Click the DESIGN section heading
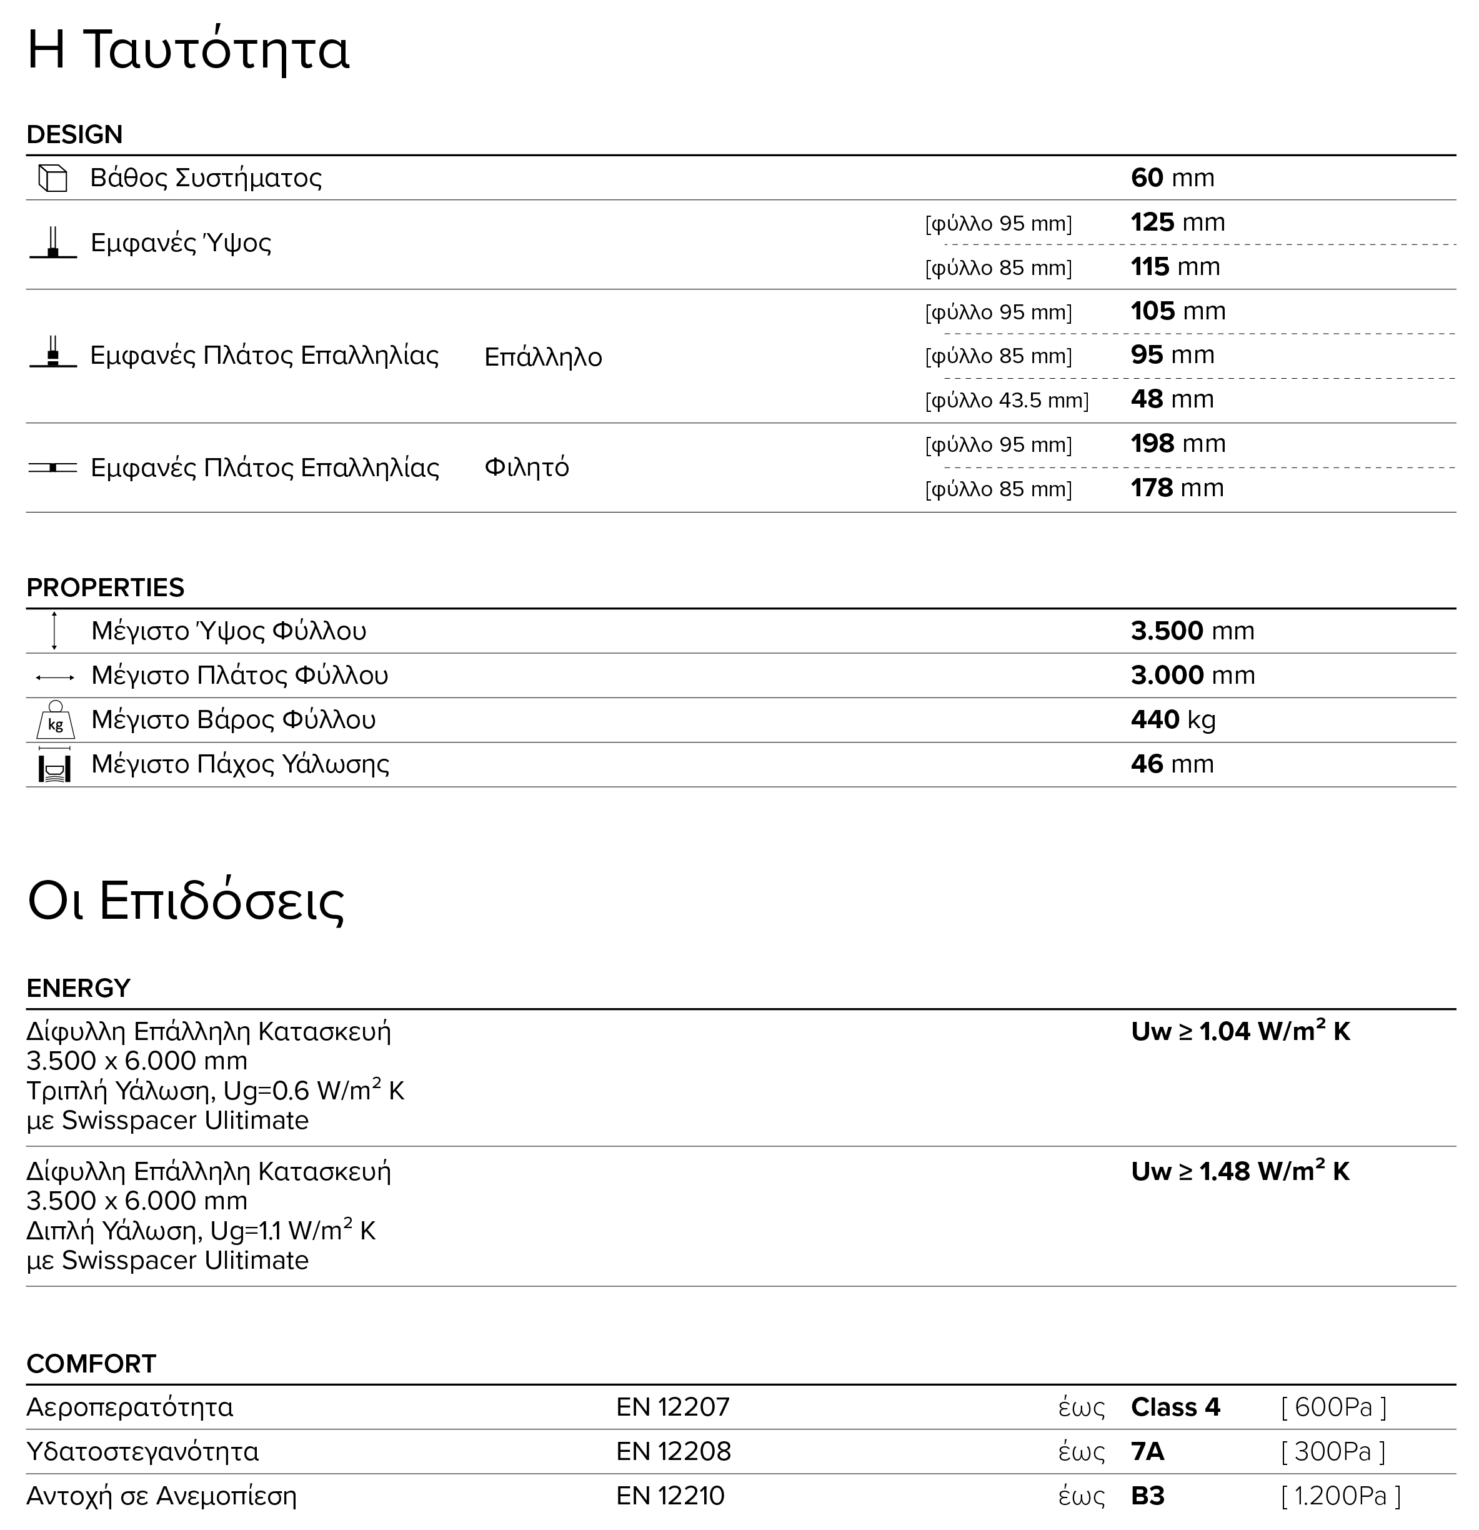point(74,134)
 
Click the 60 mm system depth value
point(1172,178)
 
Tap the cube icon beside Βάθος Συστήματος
point(53,178)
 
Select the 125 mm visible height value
point(1177,222)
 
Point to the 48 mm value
point(1172,399)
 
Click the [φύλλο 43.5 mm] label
point(1006,401)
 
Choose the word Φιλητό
point(527,467)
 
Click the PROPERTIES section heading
point(106,587)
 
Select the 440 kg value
point(1173,720)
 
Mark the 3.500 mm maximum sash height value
point(1192,631)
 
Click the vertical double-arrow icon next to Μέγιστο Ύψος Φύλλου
point(54,631)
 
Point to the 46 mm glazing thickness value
point(1172,764)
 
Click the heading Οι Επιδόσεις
point(186,902)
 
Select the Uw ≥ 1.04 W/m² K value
point(1240,1032)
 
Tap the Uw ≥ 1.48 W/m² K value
point(1240,1172)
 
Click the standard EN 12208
point(673,1451)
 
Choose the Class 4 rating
point(1175,1407)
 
